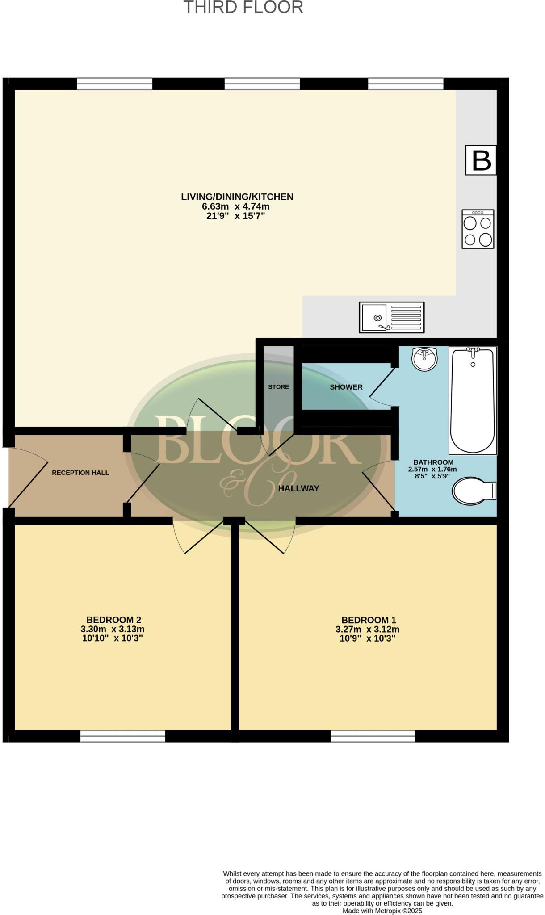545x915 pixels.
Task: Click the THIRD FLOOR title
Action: [243, 8]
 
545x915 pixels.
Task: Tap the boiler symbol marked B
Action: [481, 160]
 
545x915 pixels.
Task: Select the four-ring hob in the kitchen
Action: [478, 229]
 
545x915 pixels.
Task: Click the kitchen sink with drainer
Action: [392, 317]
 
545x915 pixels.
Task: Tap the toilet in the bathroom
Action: [474, 491]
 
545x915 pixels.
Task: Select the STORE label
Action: [278, 387]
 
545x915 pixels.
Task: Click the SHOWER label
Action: [346, 387]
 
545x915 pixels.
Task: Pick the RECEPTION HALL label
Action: [80, 473]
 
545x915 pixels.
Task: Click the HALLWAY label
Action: [298, 489]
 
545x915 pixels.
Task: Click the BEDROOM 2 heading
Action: [114, 620]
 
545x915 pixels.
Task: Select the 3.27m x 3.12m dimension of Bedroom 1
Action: [368, 629]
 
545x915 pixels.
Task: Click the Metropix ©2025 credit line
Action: [382, 911]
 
